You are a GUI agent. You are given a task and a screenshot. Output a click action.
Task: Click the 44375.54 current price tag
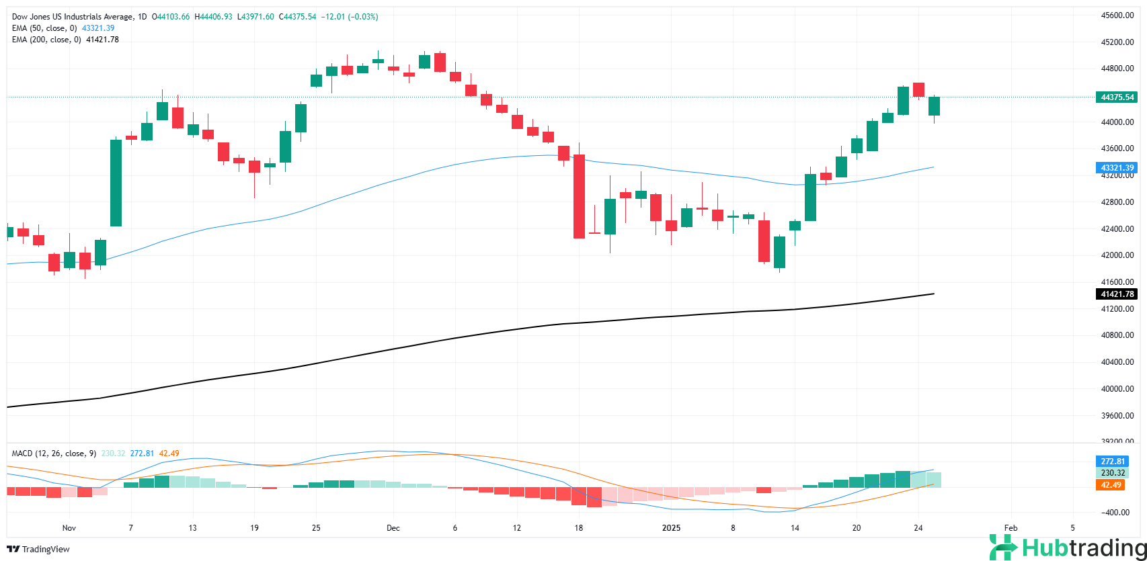(1117, 97)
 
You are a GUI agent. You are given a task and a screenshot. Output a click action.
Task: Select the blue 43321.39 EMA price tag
(1117, 167)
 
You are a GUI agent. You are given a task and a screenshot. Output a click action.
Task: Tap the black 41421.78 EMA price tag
(1117, 294)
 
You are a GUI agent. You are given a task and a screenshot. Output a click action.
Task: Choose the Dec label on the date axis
(393, 528)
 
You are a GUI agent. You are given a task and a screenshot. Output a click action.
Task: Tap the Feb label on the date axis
(1011, 528)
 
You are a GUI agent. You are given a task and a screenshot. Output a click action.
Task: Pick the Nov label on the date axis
(69, 528)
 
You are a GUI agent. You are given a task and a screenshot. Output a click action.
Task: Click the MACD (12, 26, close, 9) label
(53, 454)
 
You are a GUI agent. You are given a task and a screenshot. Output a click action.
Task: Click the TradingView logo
(40, 549)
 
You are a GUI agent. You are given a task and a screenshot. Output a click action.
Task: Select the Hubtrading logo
(1066, 548)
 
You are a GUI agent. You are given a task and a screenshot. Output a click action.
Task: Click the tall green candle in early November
(116, 183)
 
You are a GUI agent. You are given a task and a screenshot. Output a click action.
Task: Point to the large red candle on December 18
(578, 196)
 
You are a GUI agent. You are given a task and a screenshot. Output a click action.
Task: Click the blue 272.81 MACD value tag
(1113, 462)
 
